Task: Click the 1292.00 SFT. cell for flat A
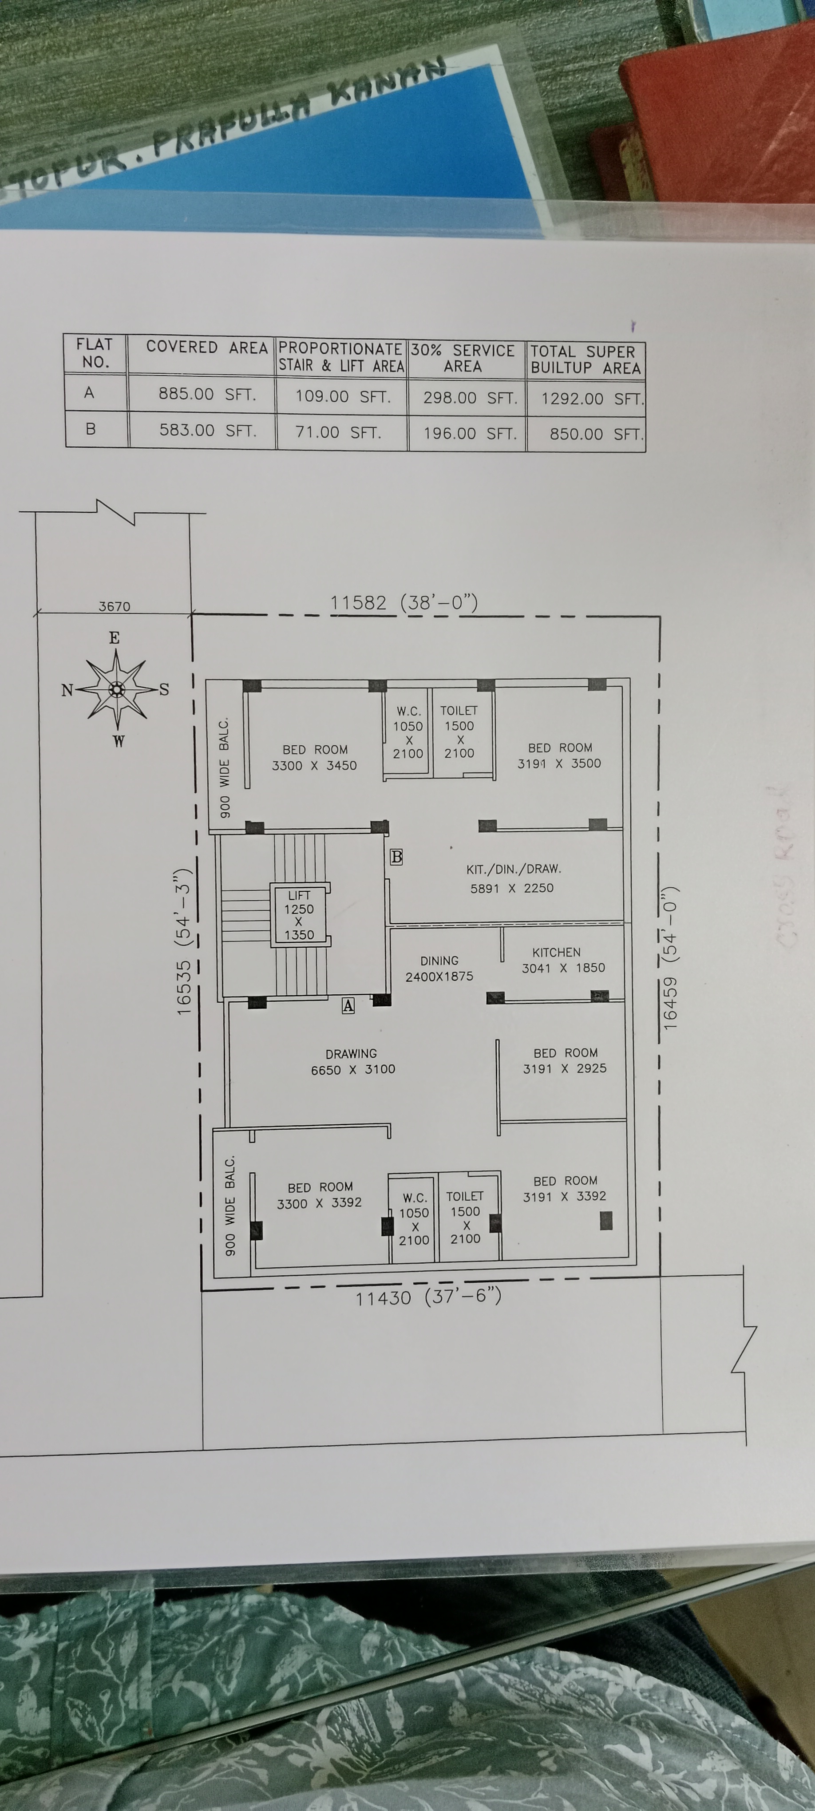pos(591,399)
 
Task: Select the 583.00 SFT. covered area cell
pos(207,430)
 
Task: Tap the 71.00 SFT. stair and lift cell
pos(338,432)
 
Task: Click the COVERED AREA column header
pos(207,347)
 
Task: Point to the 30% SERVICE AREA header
pos(463,358)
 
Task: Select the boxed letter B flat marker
pos(396,857)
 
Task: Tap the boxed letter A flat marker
pos(348,1006)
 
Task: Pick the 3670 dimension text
pos(114,606)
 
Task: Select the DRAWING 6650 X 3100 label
pos(352,1062)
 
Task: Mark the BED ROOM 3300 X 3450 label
pos(314,758)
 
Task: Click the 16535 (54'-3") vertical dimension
pos(183,941)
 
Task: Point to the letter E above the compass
pos(115,638)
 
